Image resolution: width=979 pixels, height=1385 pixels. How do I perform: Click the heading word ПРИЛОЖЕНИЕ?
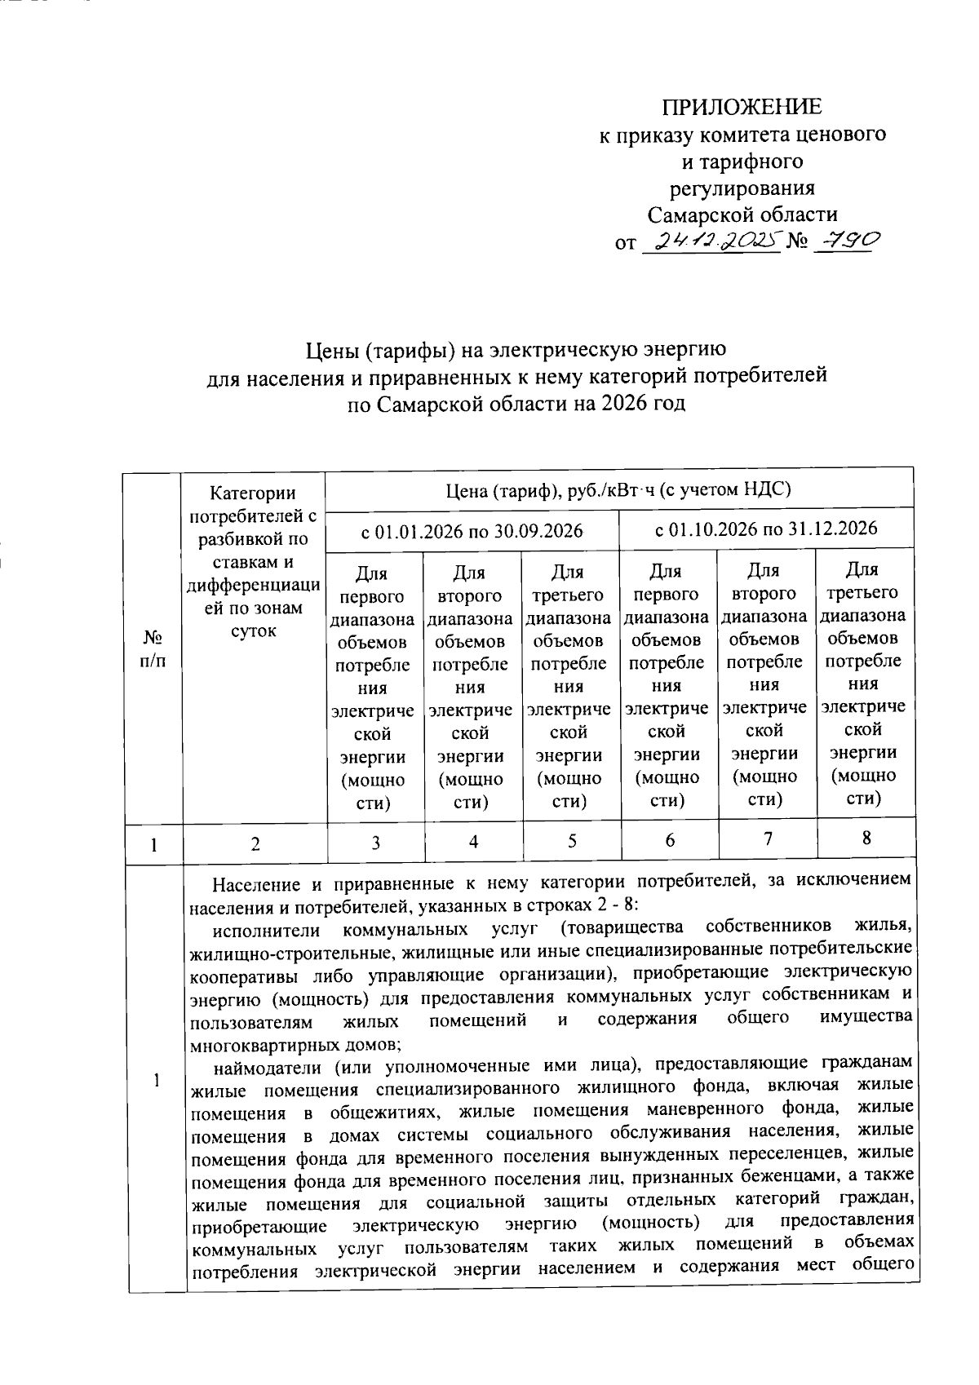[742, 107]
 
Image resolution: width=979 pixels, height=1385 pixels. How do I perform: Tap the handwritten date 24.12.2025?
[709, 242]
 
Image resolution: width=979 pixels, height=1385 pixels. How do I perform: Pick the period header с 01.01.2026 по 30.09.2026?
[472, 531]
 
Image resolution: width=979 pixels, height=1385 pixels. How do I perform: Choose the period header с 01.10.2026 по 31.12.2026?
[766, 528]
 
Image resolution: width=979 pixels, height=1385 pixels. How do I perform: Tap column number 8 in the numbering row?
[866, 838]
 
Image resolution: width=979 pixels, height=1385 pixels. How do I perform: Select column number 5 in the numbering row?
[572, 841]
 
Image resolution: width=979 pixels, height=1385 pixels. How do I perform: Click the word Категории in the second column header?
[253, 493]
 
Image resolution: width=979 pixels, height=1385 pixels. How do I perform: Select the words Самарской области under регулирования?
[742, 215]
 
